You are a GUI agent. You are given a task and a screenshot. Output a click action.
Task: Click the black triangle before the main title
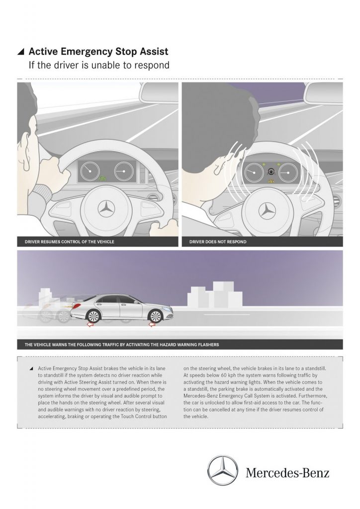20,51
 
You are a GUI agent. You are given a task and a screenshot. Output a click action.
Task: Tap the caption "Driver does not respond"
218,242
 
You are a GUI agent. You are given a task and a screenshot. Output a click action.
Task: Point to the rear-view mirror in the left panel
158,92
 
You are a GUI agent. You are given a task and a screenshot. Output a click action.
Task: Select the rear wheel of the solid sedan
91,315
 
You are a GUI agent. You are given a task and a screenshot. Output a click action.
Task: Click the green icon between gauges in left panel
103,178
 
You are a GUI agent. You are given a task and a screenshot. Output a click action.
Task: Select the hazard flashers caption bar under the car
180,344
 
